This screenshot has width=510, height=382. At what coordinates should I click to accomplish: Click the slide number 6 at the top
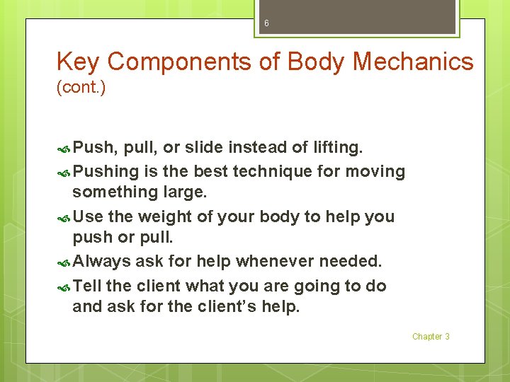click(x=266, y=23)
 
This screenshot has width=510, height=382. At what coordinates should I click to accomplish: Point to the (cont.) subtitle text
click(x=81, y=89)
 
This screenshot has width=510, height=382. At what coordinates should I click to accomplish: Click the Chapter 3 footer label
click(x=431, y=337)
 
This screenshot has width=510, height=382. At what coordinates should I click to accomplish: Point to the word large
click(x=183, y=192)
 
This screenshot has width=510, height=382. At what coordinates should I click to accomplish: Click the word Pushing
click(x=105, y=171)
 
